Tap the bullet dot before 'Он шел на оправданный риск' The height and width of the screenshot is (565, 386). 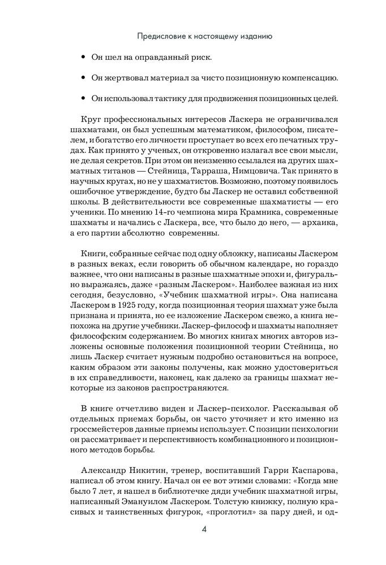coord(84,58)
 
